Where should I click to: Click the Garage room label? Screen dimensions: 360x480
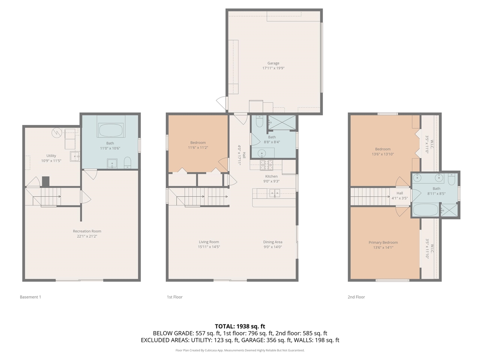273,63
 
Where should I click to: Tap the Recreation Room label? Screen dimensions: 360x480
87,231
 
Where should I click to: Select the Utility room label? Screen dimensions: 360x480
51,156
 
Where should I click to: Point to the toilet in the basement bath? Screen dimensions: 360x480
127,163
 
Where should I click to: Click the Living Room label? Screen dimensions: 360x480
209,242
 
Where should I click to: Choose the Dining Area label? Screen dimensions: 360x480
273,242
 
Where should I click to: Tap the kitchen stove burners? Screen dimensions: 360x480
266,165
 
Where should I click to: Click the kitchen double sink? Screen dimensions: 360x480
274,193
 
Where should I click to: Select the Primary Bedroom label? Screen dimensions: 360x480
383,242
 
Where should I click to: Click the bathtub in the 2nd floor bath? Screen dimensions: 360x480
426,210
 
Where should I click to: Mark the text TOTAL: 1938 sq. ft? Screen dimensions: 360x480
240,326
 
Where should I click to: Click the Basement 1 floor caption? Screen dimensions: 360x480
30,297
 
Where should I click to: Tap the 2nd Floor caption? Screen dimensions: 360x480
356,297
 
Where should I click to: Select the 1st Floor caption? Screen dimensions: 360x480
175,297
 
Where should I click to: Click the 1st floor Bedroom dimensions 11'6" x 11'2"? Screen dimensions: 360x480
198,148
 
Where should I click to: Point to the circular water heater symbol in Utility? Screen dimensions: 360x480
57,132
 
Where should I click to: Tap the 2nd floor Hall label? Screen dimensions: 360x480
400,193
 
